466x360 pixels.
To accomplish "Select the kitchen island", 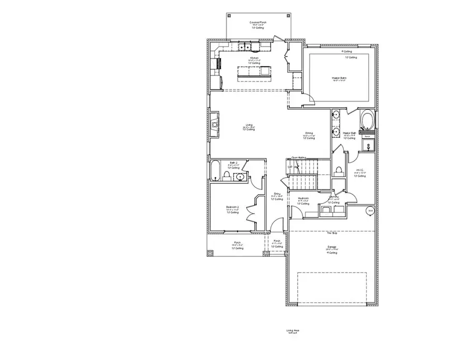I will pos(254,74).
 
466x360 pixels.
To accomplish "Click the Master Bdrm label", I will pos(339,78).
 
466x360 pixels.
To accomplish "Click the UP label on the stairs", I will pos(290,167).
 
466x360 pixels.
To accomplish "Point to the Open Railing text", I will pos(299,157).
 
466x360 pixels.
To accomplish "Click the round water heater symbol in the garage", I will pos(370,210).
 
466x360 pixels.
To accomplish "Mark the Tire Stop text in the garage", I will pos(332,233).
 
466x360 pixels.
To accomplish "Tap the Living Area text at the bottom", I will pos(293,330).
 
